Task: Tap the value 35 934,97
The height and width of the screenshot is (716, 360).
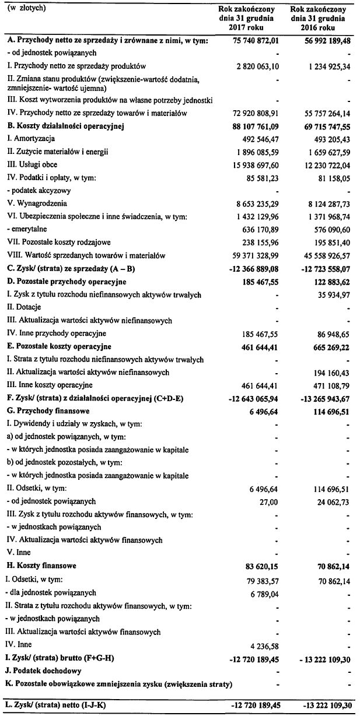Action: coord(330,295)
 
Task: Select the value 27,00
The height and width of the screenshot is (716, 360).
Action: coord(270,501)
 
